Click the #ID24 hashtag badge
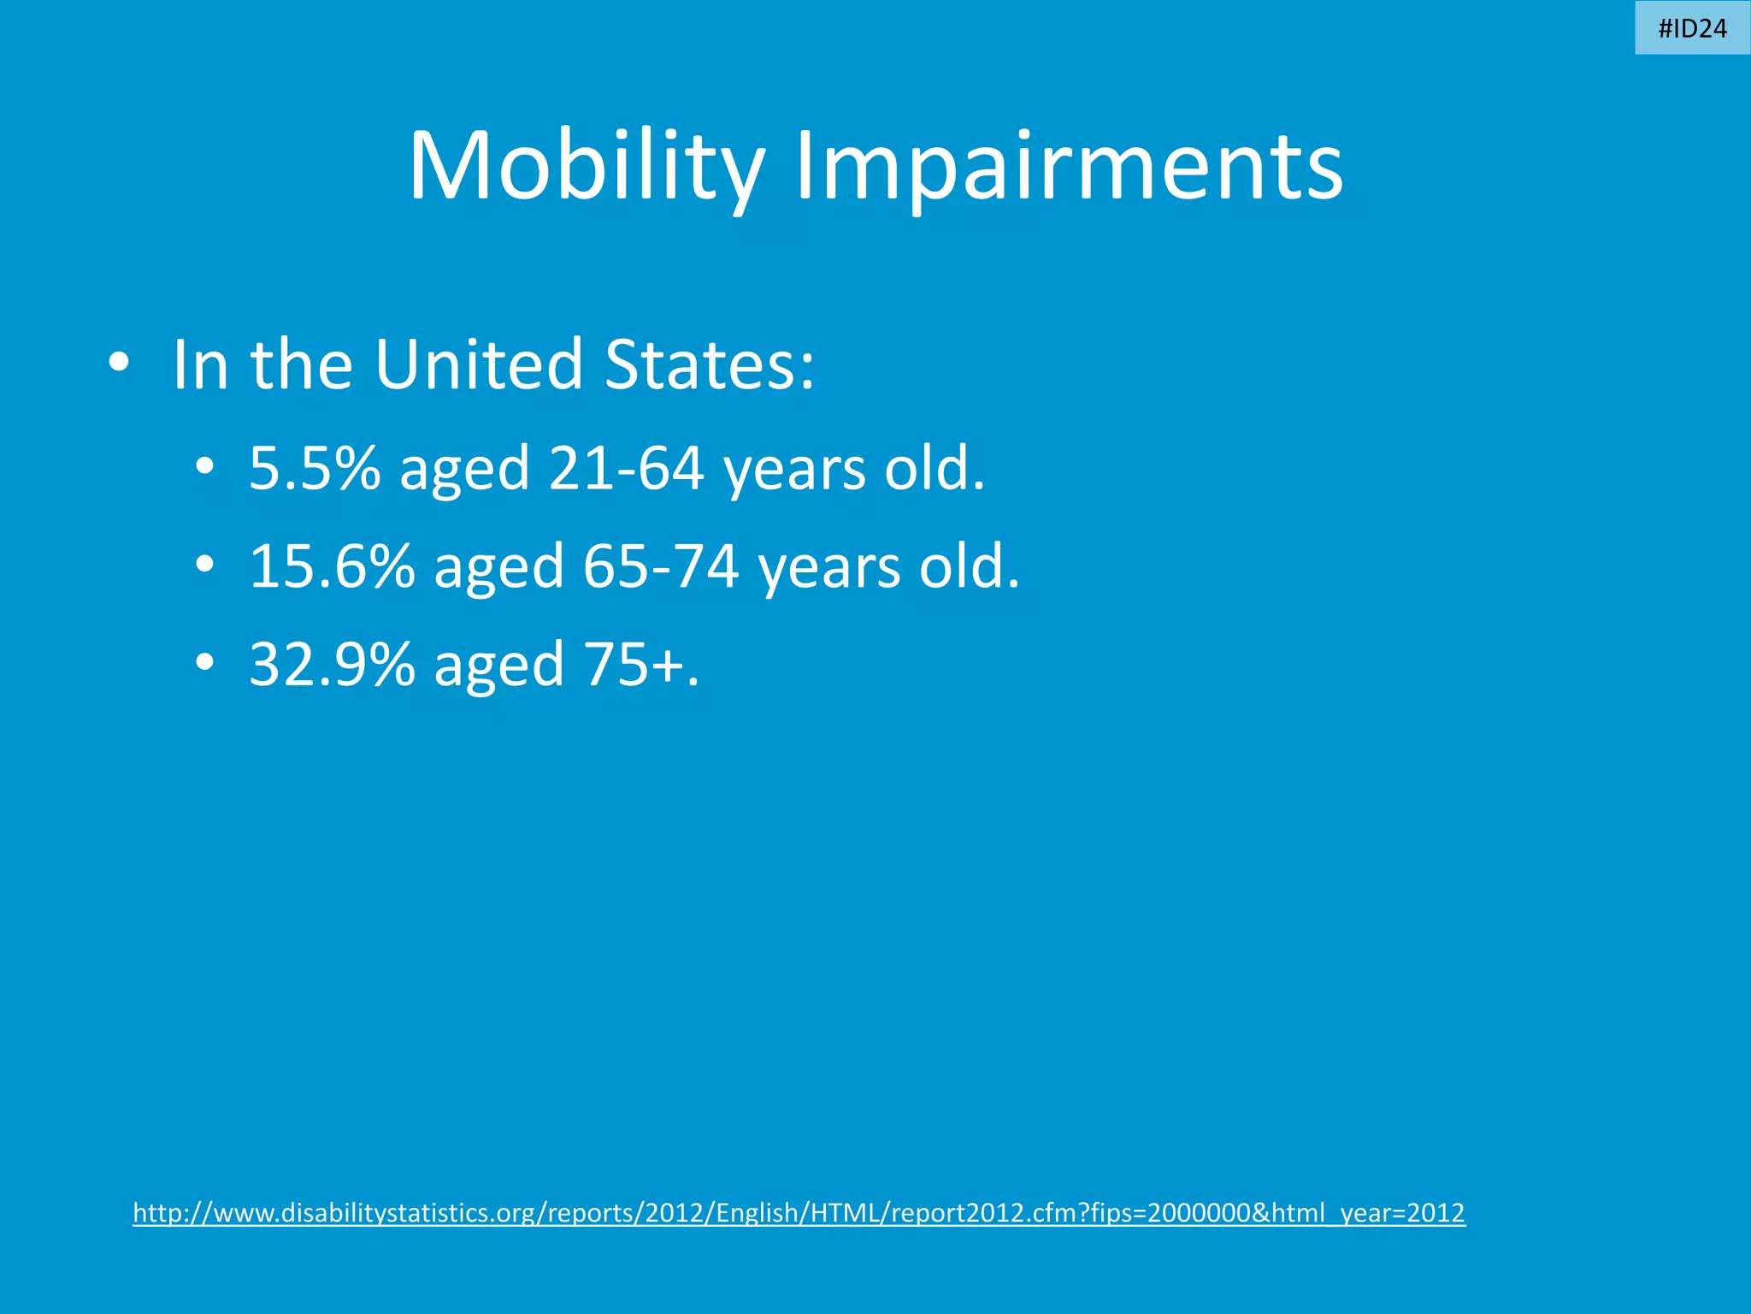[1692, 29]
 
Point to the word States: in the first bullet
[710, 364]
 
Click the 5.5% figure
[314, 469]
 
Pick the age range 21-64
[626, 469]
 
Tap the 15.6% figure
[332, 567]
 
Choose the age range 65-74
[660, 567]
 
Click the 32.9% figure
[332, 665]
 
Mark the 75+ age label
[633, 665]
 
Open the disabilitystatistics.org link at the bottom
[799, 1213]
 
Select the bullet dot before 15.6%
[203, 565]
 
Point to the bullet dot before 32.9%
[203, 663]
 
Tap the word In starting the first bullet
[200, 364]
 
